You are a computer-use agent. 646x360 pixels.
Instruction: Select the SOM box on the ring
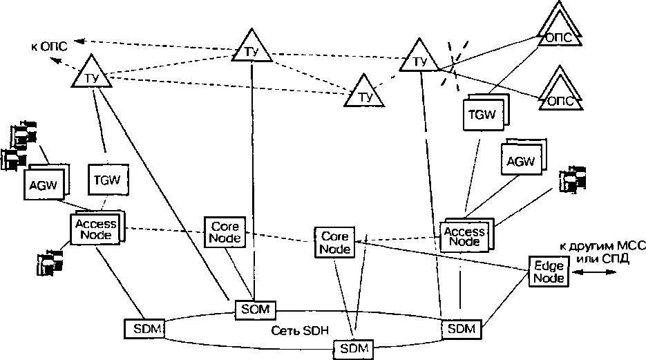tap(256, 308)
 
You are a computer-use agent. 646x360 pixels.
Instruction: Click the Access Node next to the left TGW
tap(95, 229)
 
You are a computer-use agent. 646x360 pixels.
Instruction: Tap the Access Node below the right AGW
tap(464, 236)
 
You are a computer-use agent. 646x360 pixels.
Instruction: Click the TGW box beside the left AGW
tap(106, 181)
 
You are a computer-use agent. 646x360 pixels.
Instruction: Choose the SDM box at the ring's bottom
tap(353, 348)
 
